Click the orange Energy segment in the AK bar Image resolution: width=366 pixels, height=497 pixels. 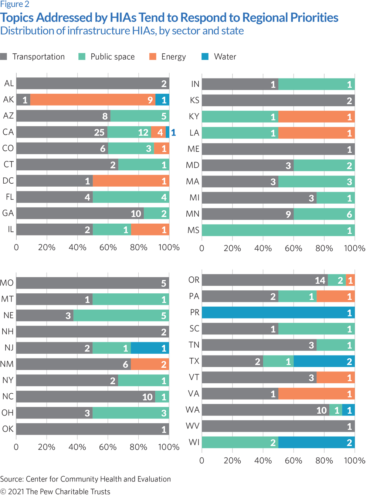pos(92,100)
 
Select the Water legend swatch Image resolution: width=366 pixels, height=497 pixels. pos(205,57)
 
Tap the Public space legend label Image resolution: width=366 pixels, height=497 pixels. pos(112,57)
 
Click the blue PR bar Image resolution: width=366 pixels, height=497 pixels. pos(278,313)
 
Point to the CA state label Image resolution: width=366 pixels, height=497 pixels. pos(8,132)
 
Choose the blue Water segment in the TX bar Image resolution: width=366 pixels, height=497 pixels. pos(324,361)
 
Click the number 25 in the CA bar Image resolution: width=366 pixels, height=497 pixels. pos(99,133)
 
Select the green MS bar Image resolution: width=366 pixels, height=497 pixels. pos(278,230)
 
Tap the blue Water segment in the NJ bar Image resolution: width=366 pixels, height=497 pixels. pos(150,348)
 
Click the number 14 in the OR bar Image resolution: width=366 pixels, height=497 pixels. pos(320,280)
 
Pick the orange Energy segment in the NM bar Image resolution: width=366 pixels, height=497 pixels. pos(150,364)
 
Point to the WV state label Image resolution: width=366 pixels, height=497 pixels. pos(193,426)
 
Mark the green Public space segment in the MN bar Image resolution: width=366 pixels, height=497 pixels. pos(324,214)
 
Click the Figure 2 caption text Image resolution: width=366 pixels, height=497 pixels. pos(15,4)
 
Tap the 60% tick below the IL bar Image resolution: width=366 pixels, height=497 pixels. pos(108,247)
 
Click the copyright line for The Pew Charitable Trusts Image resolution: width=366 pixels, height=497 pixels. pos(55,491)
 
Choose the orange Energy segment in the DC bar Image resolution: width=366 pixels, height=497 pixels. pos(131,181)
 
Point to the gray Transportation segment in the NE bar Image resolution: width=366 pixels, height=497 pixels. pos(45,316)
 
